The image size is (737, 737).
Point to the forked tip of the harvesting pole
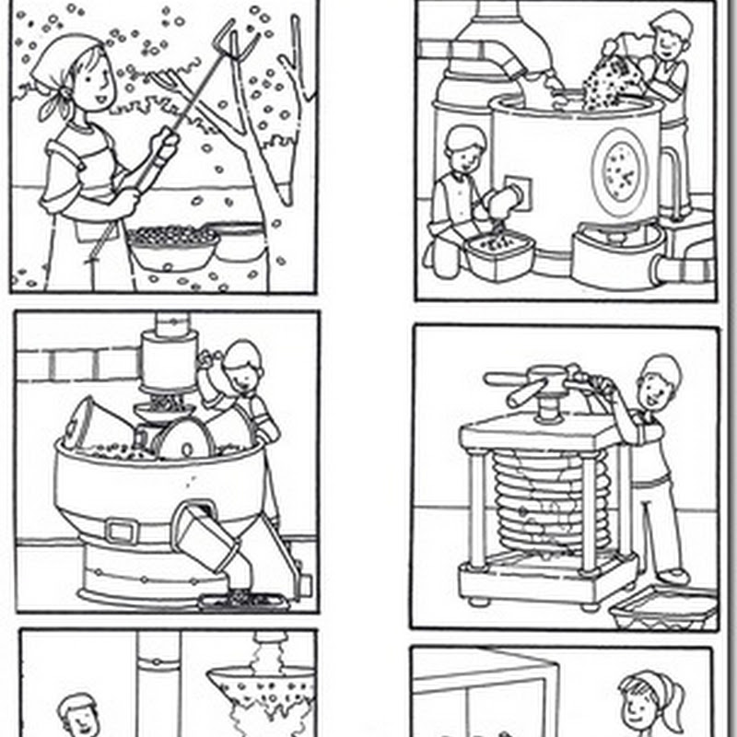(x=217, y=41)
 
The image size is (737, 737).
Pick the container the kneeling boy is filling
(x=498, y=253)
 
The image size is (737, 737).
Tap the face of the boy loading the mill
(x=241, y=368)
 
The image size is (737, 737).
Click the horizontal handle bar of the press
(x=534, y=380)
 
